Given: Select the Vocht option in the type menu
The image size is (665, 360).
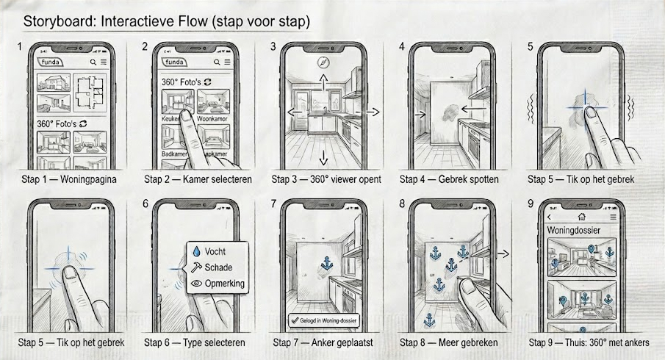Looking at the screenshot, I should click(x=217, y=251).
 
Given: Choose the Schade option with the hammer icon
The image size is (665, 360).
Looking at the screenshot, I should click(x=217, y=267).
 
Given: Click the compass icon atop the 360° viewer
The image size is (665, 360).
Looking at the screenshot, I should click(x=320, y=63).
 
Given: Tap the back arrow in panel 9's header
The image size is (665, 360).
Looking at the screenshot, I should click(x=547, y=217).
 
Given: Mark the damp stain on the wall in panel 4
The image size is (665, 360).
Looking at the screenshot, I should click(x=447, y=112).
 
